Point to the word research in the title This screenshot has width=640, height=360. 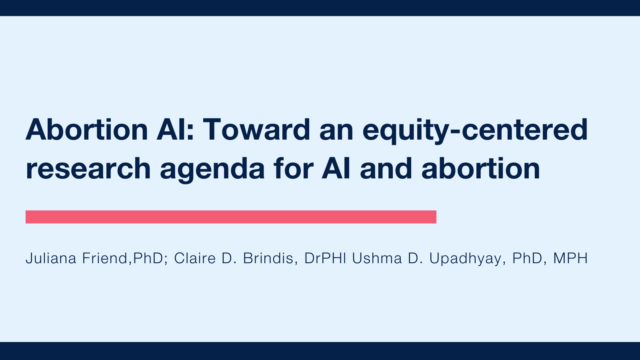pyautogui.click(x=88, y=169)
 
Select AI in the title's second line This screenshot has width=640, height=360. pyautogui.click(x=336, y=168)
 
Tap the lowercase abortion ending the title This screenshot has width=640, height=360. pyautogui.click(x=480, y=168)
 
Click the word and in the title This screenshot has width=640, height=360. pyautogui.click(x=386, y=168)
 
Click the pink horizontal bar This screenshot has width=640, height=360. pyautogui.click(x=231, y=217)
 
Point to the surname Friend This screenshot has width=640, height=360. pyautogui.click(x=105, y=258)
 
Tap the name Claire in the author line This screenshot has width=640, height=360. pyautogui.click(x=195, y=258)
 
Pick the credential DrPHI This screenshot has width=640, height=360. pyautogui.click(x=325, y=258)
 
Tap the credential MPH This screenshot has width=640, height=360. pyautogui.click(x=570, y=258)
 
